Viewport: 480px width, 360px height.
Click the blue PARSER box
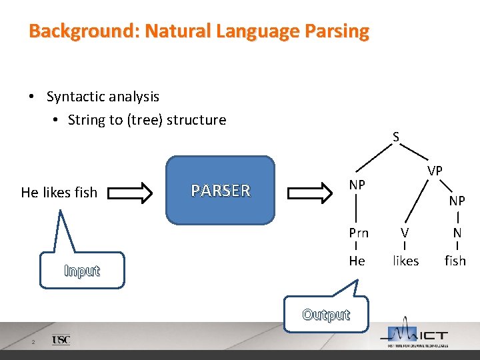click(220, 190)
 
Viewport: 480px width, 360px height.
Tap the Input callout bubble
click(82, 270)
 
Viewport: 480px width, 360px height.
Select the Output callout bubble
click(326, 314)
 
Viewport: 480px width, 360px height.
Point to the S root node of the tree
click(395, 137)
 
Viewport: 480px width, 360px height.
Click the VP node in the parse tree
click(435, 171)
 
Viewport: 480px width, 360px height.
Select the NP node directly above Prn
click(357, 184)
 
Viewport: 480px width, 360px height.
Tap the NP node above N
click(457, 201)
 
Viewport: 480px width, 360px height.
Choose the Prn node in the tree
click(358, 233)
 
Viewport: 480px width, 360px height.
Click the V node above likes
click(404, 233)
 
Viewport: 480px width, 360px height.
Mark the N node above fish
click(457, 233)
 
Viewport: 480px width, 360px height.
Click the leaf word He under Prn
click(357, 261)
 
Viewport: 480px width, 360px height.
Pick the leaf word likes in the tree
click(405, 261)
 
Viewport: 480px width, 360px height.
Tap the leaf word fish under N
click(455, 261)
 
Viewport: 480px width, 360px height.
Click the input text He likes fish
click(59, 193)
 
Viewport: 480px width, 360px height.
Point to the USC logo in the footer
click(61, 340)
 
